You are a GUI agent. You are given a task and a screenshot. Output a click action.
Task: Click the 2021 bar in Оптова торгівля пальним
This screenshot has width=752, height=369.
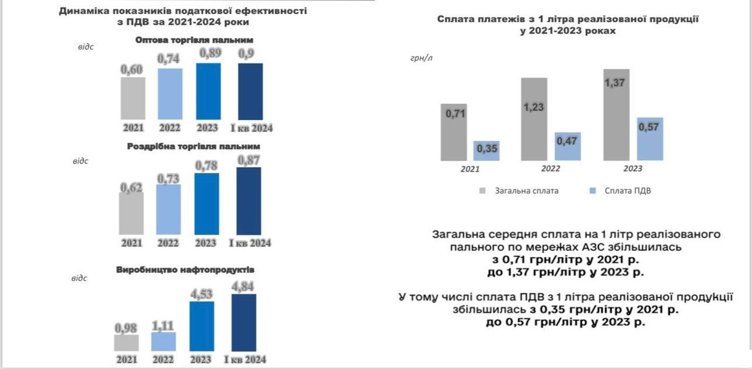tap(133, 98)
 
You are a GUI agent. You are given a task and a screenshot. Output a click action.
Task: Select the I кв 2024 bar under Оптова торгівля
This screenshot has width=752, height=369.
tap(250, 91)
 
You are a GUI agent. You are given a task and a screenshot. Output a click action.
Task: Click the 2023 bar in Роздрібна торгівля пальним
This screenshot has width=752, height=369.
tap(206, 204)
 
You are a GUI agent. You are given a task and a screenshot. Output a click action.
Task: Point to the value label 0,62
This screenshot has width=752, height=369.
tap(131, 186)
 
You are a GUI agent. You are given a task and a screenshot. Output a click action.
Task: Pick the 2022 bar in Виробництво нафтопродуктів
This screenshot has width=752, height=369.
tap(163, 342)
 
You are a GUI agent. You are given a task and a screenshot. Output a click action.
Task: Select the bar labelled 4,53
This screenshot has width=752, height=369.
tap(202, 326)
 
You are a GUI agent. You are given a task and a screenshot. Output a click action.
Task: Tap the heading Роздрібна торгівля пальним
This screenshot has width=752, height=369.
tap(193, 146)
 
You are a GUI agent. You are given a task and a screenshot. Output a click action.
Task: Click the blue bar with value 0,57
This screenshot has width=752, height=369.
tap(649, 139)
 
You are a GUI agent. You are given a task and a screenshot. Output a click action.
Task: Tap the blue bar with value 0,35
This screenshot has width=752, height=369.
tap(486, 151)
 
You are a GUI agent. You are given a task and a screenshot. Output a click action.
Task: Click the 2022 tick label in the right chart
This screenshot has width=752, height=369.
tap(550, 169)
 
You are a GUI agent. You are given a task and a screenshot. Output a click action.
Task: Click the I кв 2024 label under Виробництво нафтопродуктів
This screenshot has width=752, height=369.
tap(244, 360)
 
